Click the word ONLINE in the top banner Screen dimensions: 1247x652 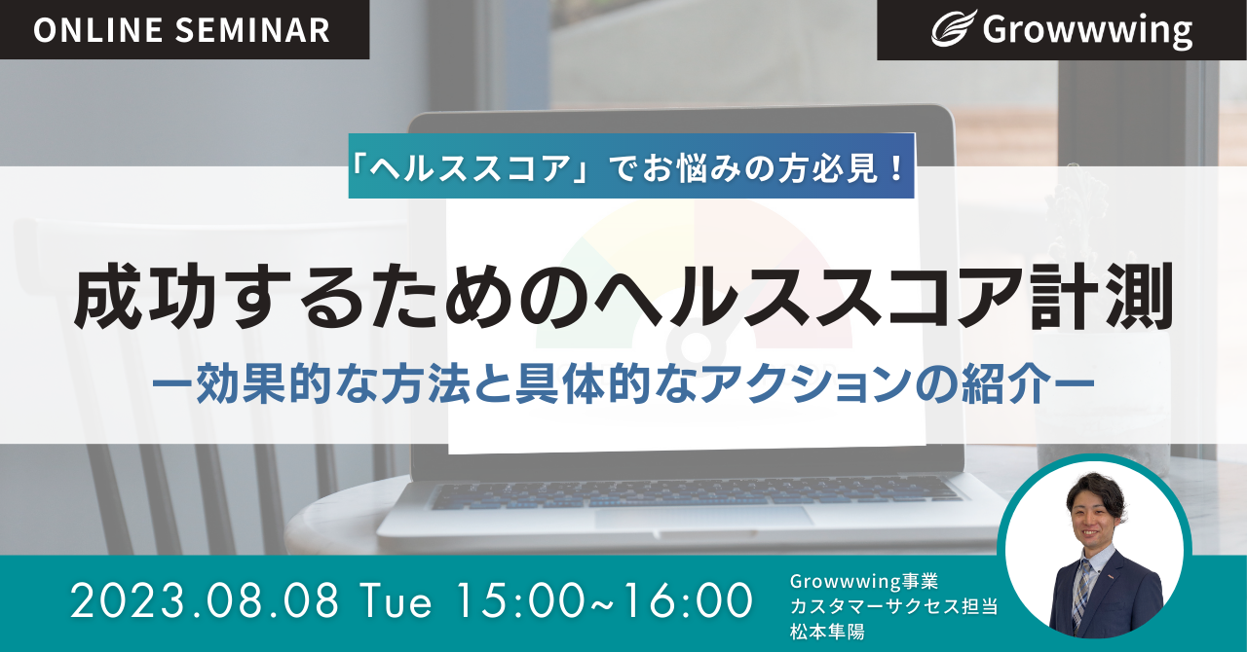point(98,29)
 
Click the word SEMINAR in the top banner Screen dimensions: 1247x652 point(252,29)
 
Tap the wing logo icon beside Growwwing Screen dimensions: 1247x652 point(954,28)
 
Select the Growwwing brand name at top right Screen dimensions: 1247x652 point(1087,30)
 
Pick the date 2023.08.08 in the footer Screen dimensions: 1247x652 point(205,601)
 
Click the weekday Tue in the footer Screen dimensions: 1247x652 point(396,601)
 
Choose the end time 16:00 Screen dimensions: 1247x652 point(688,601)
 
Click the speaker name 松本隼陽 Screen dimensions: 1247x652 point(827,632)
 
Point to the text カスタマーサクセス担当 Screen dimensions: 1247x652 point(893,606)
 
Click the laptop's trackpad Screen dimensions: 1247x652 point(703,517)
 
